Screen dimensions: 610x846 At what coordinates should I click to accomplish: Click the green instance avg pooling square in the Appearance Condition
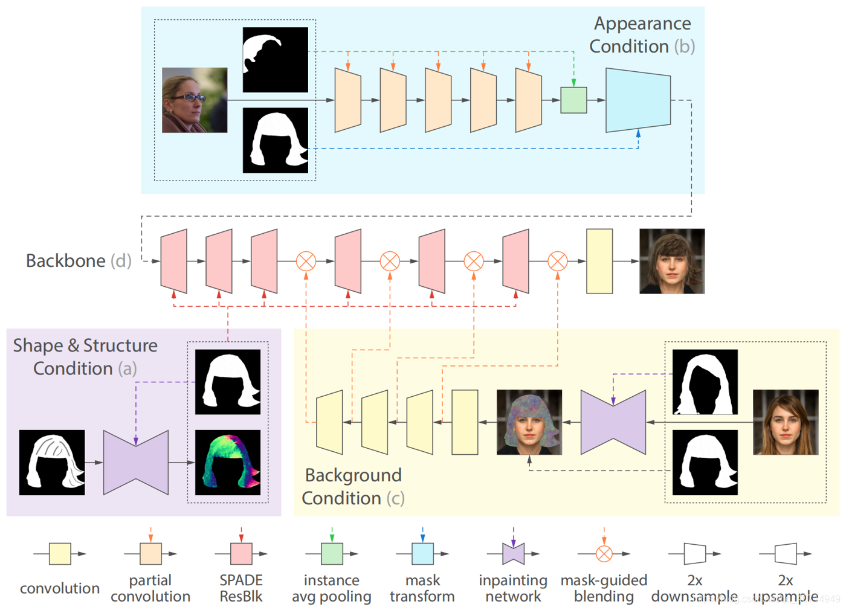[x=573, y=100]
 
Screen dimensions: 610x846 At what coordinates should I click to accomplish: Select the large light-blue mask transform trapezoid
[x=638, y=100]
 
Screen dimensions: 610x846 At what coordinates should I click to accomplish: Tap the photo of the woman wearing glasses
[x=195, y=100]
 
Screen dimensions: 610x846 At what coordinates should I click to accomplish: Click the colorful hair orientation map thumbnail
[x=228, y=462]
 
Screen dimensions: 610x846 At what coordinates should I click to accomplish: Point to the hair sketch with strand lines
[x=52, y=462]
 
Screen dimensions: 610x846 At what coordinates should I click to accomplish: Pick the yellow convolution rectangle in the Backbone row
[x=599, y=261]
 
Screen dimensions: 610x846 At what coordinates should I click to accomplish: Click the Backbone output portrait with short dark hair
[x=672, y=261]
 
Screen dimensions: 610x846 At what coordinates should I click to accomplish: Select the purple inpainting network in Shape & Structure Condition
[x=136, y=462]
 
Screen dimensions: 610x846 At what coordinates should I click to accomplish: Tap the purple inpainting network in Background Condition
[x=613, y=422]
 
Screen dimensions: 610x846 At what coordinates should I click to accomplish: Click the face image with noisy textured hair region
[x=529, y=422]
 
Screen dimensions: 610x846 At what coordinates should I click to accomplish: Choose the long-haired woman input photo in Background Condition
[x=786, y=422]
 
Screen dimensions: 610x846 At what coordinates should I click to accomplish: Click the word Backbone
[x=65, y=261]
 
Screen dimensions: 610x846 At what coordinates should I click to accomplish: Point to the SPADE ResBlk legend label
[x=241, y=588]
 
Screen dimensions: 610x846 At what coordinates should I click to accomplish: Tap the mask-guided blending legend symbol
[x=604, y=553]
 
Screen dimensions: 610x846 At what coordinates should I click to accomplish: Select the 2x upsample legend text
[x=786, y=588]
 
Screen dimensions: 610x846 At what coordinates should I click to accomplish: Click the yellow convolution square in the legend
[x=60, y=553]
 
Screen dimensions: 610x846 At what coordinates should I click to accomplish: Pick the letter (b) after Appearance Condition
[x=685, y=47]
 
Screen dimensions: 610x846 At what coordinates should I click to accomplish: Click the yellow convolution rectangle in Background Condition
[x=465, y=422]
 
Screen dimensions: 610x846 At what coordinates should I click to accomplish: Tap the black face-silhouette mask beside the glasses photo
[x=276, y=60]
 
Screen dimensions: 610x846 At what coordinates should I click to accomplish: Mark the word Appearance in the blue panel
[x=642, y=24]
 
